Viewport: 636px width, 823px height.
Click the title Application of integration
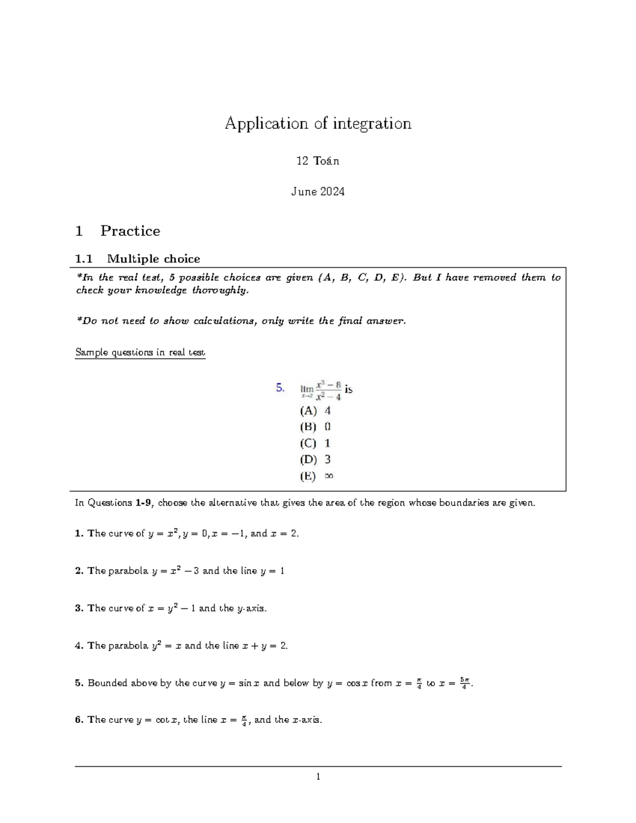coord(318,123)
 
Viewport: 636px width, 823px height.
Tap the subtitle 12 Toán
coord(318,161)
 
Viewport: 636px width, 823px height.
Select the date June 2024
coord(318,191)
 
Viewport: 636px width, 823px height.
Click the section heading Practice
coord(130,231)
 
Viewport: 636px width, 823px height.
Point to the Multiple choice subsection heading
coord(153,259)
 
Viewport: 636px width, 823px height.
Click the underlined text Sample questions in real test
coord(140,352)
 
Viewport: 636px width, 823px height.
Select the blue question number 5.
coord(280,388)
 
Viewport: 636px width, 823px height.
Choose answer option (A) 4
coord(315,411)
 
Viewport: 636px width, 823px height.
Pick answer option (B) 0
coord(315,427)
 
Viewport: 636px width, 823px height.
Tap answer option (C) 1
coord(315,443)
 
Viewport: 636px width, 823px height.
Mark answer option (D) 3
coord(315,459)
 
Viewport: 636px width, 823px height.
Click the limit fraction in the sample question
coord(328,391)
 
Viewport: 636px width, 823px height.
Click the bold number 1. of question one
coord(79,534)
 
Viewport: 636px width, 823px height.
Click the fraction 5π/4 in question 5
coord(464,683)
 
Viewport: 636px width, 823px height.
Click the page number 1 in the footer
coord(318,777)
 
